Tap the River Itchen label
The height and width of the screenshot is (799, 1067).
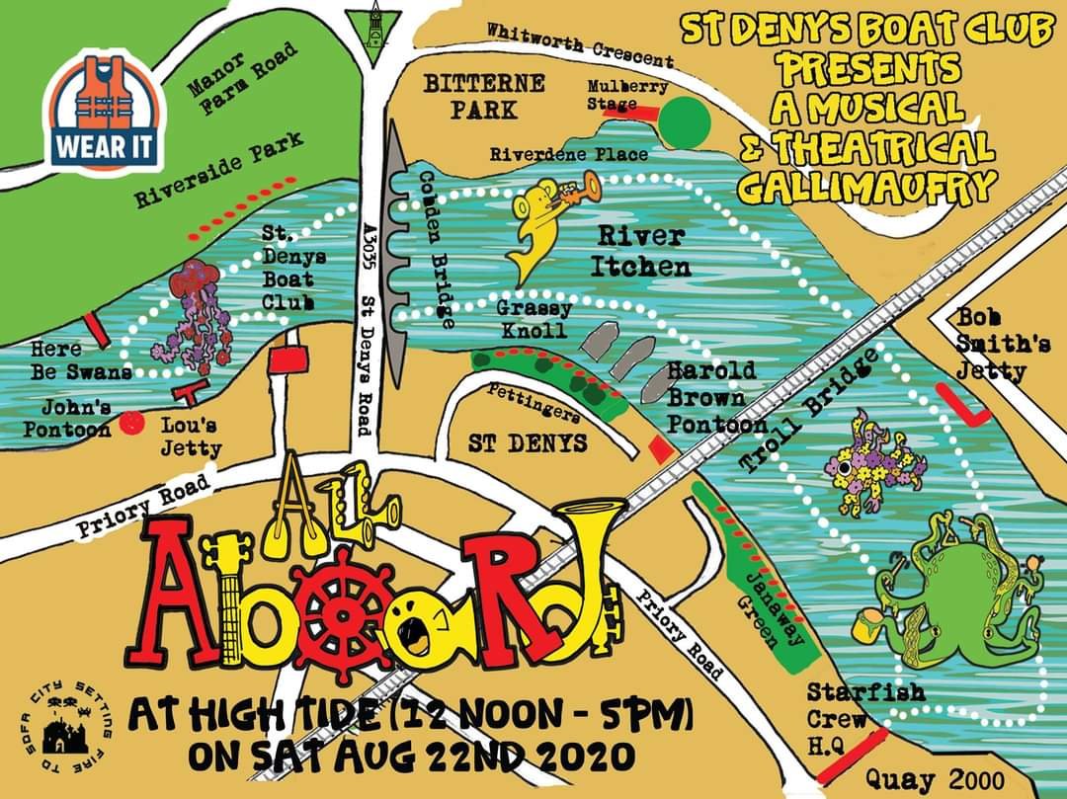coord(640,251)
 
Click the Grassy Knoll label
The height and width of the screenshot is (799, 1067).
coord(533,319)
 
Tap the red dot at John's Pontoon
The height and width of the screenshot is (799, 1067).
coord(126,424)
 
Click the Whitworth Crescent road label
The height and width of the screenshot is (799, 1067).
coord(579,43)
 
